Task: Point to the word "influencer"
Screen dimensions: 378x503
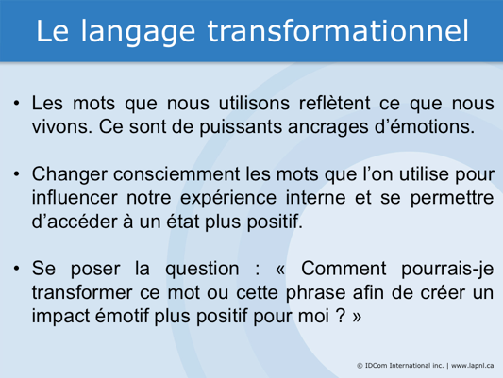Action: pos(76,199)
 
